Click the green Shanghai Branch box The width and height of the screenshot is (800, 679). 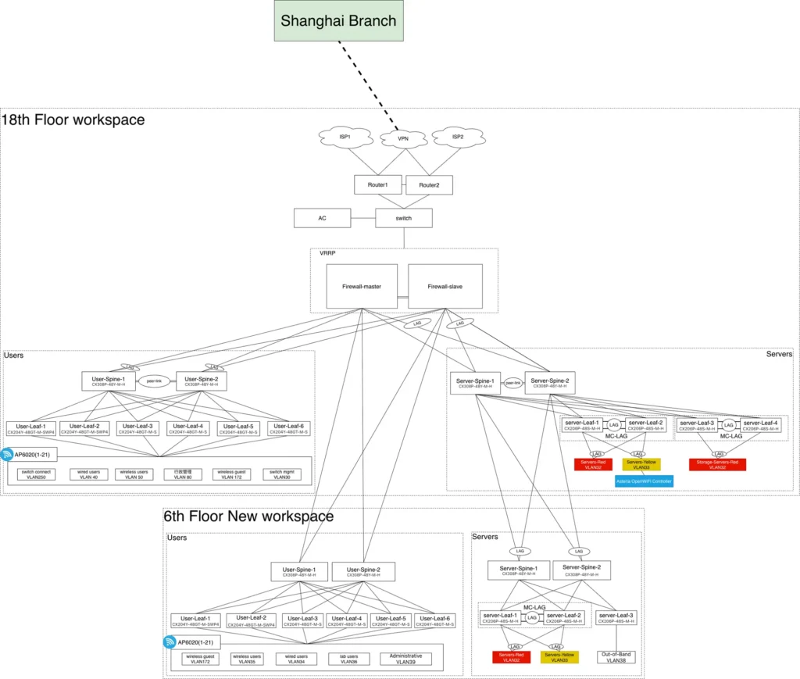[x=338, y=21]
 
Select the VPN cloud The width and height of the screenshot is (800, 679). [x=403, y=138]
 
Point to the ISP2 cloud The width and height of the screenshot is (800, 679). [x=458, y=137]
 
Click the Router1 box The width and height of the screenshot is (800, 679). [x=377, y=185]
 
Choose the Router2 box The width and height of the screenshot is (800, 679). [x=429, y=185]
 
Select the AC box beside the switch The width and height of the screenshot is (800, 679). [x=322, y=218]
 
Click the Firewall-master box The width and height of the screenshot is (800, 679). [x=362, y=286]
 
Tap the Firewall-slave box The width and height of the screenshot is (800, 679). [x=445, y=286]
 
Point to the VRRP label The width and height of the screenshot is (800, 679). [x=327, y=254]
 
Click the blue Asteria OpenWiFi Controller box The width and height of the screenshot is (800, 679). [x=644, y=481]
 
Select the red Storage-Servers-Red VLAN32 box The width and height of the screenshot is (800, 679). [x=717, y=465]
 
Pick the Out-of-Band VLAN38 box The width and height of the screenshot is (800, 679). [x=616, y=657]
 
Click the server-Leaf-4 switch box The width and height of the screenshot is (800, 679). [x=760, y=425]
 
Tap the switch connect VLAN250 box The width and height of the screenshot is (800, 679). [x=37, y=474]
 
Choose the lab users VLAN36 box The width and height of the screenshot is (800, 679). [x=344, y=659]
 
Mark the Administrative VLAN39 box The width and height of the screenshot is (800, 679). [x=405, y=659]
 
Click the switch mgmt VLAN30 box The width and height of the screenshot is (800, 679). [x=281, y=474]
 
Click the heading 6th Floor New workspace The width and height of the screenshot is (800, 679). [x=248, y=516]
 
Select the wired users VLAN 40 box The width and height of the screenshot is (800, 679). [x=89, y=474]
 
